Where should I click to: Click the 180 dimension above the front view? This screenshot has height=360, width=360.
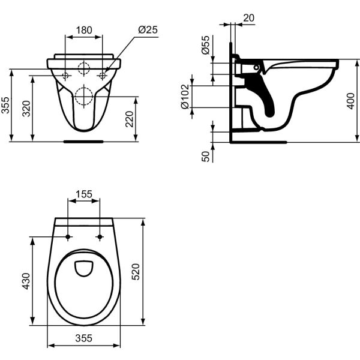tap(84, 29)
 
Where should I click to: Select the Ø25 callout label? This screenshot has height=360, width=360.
tap(147, 29)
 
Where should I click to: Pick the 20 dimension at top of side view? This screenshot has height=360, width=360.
tap(248, 18)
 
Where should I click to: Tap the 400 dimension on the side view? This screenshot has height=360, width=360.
tap(351, 101)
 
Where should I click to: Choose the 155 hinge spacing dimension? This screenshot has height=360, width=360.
tap(84, 194)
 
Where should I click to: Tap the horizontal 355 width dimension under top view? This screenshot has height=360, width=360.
tap(84, 338)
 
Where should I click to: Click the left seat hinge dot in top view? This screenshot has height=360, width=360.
tap(68, 237)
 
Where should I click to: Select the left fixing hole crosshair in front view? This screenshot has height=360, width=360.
tap(65, 76)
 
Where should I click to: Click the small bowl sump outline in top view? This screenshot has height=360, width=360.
tap(83, 268)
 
